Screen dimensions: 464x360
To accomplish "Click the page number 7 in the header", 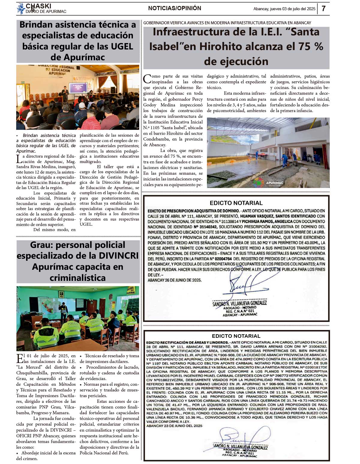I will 323,8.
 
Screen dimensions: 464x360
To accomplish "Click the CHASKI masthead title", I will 38,6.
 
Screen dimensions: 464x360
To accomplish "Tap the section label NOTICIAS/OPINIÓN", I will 175,8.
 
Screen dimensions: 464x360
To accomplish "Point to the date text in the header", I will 284,9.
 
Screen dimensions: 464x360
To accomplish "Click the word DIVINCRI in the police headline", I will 117,256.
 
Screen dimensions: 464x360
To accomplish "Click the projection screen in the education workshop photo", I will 78,88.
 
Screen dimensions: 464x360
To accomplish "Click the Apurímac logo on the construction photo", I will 268,182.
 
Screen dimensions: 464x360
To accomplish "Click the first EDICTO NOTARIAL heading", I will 236,203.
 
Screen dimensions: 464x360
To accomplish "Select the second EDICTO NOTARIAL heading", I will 236,336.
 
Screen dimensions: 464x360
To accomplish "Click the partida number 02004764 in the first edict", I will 223,259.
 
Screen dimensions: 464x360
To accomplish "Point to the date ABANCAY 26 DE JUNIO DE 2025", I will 175,280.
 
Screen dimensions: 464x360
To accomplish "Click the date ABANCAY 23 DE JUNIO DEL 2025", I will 174,426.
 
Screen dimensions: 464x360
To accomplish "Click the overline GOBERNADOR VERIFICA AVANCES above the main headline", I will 227,23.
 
